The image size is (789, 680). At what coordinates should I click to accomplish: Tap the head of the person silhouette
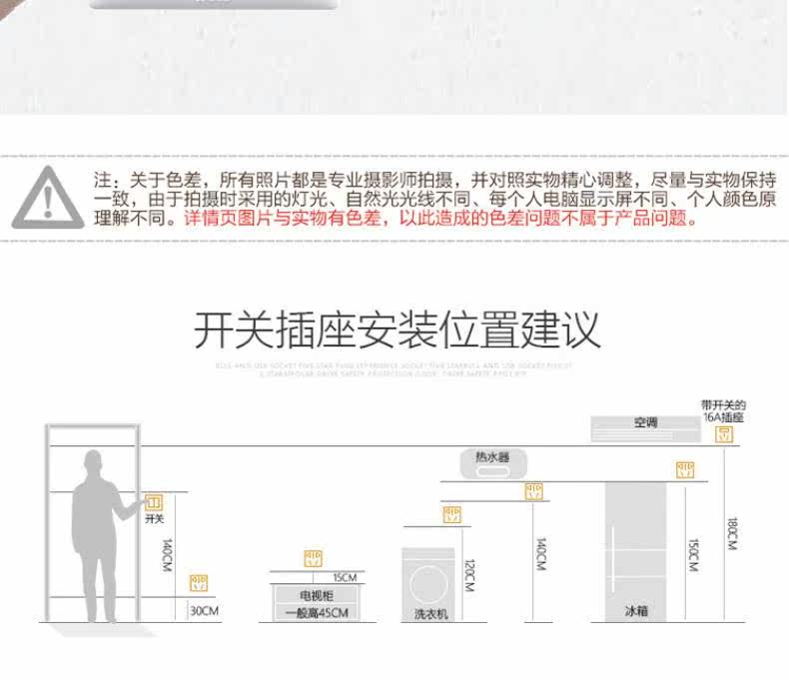tap(94, 465)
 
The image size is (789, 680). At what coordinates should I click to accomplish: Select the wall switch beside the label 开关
tap(154, 502)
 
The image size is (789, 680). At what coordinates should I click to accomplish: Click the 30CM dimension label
tap(203, 610)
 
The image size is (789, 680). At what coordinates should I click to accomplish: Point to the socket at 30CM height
tap(199, 582)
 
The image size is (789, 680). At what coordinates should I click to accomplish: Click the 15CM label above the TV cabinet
tap(344, 577)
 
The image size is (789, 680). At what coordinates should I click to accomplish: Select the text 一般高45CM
tap(316, 612)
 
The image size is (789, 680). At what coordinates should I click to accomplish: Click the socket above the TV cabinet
tap(314, 558)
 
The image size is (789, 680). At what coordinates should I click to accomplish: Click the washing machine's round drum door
tap(431, 581)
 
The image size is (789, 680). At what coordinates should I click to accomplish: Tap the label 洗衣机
tap(431, 613)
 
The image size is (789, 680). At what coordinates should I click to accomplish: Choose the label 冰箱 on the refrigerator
tap(635, 610)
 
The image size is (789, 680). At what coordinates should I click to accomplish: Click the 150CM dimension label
tap(692, 555)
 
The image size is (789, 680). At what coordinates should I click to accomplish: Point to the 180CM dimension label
tap(731, 534)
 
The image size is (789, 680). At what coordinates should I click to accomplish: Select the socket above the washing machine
tap(451, 515)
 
